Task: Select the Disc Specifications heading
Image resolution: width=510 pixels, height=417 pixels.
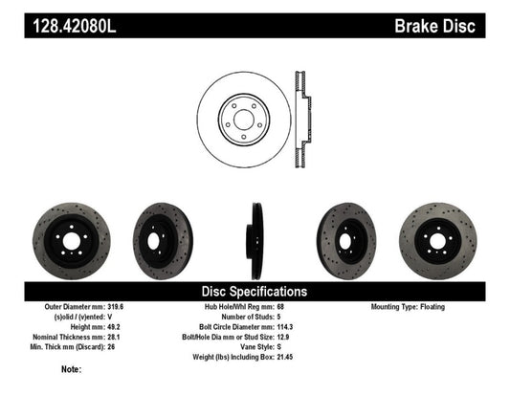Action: point(254,291)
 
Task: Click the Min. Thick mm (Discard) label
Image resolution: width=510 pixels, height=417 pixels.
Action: point(55,343)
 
